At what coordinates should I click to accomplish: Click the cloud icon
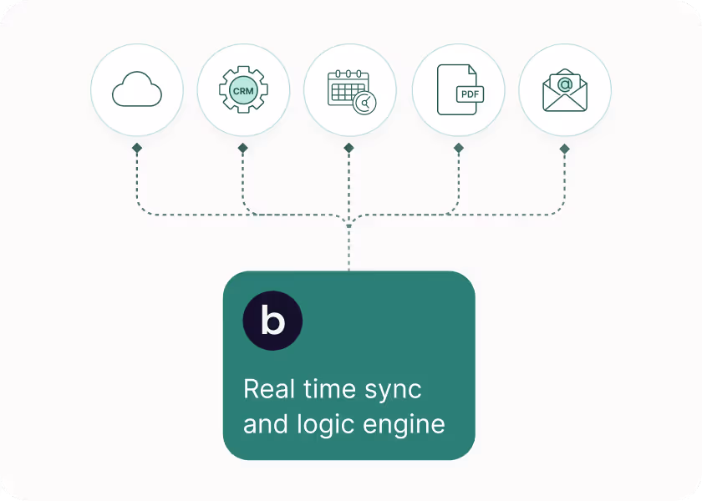click(136, 89)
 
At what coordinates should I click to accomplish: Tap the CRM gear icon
click(243, 89)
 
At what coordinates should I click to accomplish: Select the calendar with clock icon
click(349, 89)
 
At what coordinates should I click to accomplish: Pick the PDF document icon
click(458, 89)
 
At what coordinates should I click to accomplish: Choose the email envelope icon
click(565, 89)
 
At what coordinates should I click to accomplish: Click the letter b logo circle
click(272, 321)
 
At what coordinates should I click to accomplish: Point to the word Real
click(268, 389)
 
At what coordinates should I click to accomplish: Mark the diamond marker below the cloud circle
click(136, 149)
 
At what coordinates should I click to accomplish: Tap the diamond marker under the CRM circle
click(243, 149)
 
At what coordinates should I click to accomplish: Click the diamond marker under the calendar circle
click(349, 149)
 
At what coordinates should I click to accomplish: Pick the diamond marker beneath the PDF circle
click(458, 149)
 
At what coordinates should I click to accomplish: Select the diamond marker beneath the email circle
click(565, 149)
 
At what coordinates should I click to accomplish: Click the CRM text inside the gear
click(243, 90)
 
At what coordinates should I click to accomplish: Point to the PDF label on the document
click(470, 94)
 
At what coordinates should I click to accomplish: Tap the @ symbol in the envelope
click(565, 83)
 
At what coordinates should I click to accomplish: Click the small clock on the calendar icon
click(364, 103)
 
